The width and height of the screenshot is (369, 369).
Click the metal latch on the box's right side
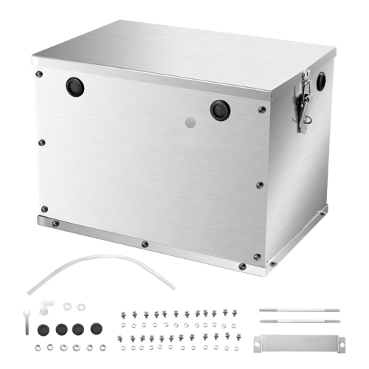302,105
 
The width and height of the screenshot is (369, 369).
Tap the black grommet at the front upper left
75,88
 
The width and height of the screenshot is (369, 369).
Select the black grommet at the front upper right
219,110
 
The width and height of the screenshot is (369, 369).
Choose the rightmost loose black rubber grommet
94,325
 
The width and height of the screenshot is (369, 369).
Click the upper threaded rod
300,310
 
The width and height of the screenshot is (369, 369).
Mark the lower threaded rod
300,322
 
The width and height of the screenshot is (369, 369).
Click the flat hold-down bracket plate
299,342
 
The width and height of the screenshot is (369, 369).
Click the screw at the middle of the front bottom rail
145,244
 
